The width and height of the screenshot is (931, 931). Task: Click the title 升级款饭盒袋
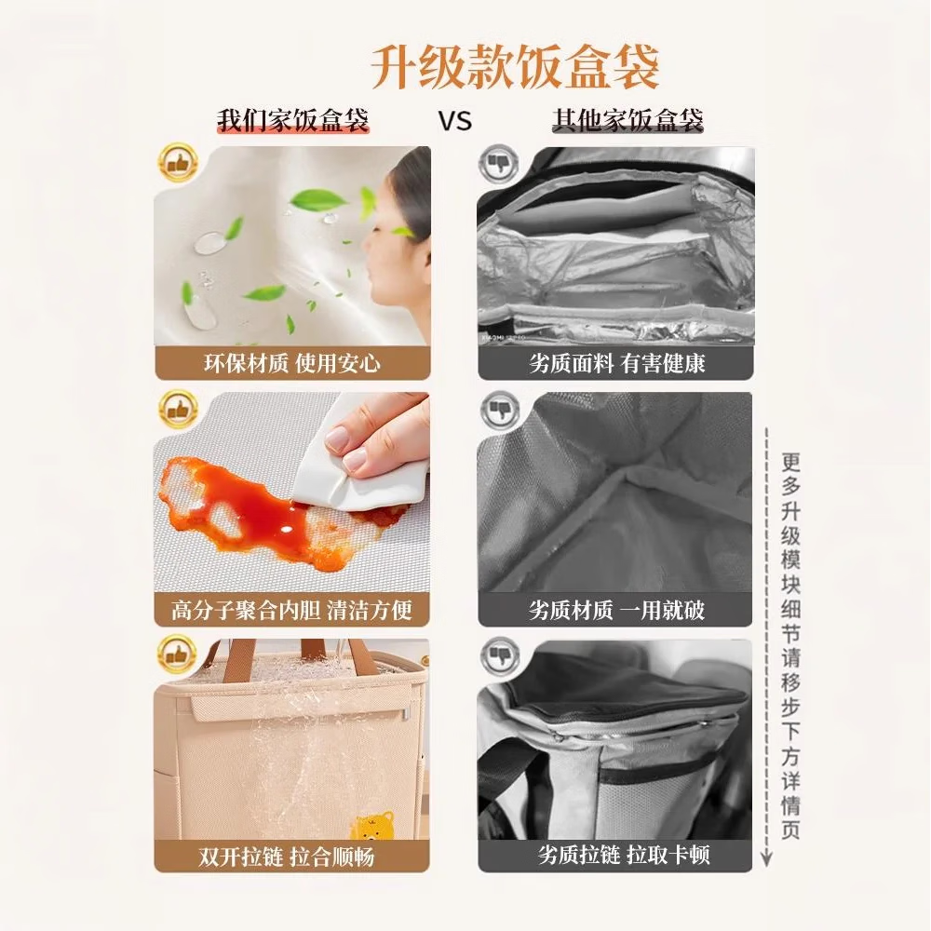pyautogui.click(x=515, y=66)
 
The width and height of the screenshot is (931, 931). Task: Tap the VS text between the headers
pyautogui.click(x=454, y=121)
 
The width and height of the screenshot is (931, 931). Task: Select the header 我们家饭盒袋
pyautogui.click(x=293, y=121)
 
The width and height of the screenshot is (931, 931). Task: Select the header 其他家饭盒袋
pyautogui.click(x=627, y=121)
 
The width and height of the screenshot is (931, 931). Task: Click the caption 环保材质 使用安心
pyautogui.click(x=292, y=362)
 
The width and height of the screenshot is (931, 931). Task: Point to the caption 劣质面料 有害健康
pyautogui.click(x=616, y=362)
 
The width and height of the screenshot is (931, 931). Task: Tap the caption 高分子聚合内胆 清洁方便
pyautogui.click(x=292, y=611)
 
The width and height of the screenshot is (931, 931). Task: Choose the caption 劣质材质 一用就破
pyautogui.click(x=616, y=611)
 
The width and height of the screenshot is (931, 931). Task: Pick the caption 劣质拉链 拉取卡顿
pyautogui.click(x=616, y=856)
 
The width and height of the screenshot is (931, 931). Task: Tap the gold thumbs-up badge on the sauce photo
pyautogui.click(x=178, y=411)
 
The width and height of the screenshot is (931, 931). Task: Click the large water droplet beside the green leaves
pyautogui.click(x=210, y=242)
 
